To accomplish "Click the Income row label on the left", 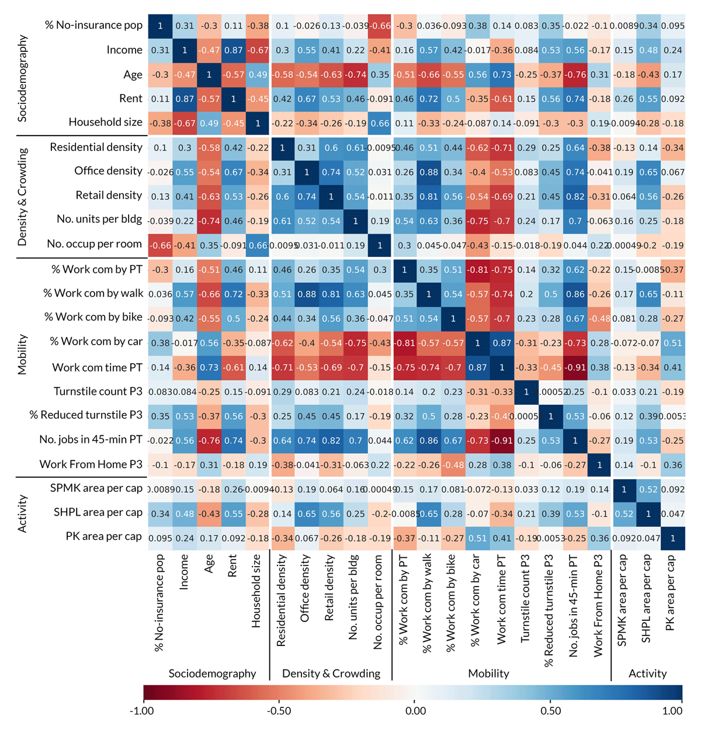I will point(124,50).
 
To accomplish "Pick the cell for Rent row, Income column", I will point(185,99).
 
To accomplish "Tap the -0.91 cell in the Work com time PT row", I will point(575,367).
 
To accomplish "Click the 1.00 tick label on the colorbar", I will point(672,711).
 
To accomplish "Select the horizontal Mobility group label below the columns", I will point(488,674).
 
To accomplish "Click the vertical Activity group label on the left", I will point(23,513).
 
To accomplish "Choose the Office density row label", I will point(108,171).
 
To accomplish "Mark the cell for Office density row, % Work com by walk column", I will point(429,172).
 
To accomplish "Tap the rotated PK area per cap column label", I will point(671,592).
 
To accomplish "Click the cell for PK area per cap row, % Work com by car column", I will point(477,538).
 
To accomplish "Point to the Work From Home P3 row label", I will point(91,464).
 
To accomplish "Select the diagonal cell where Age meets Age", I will point(209,75).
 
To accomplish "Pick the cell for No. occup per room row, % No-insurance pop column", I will point(160,245).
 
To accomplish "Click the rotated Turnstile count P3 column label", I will point(525,599).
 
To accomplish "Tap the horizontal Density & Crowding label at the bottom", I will point(331,674).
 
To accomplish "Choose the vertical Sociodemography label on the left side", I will point(23,78).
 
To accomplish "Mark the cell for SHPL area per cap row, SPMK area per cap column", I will point(624,514).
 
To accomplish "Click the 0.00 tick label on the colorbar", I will point(415,711).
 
